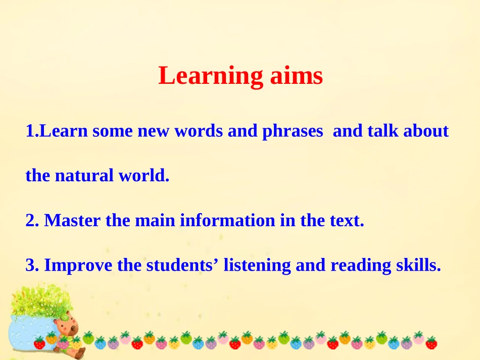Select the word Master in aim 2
(73, 220)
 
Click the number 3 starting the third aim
(29, 265)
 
